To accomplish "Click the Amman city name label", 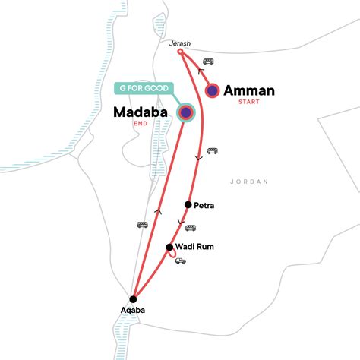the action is pos(249,90).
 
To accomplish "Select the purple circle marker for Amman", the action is pos(213,90).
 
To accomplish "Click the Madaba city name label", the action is pos(145,112).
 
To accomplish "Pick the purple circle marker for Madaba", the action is pos(187,112).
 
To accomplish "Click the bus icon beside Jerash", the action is pos(207,62).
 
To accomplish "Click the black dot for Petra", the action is pos(188,205).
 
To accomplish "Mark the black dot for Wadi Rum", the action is pos(169,247).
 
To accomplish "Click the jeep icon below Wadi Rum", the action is pos(181,261).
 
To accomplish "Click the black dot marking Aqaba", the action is pos(133,298).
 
